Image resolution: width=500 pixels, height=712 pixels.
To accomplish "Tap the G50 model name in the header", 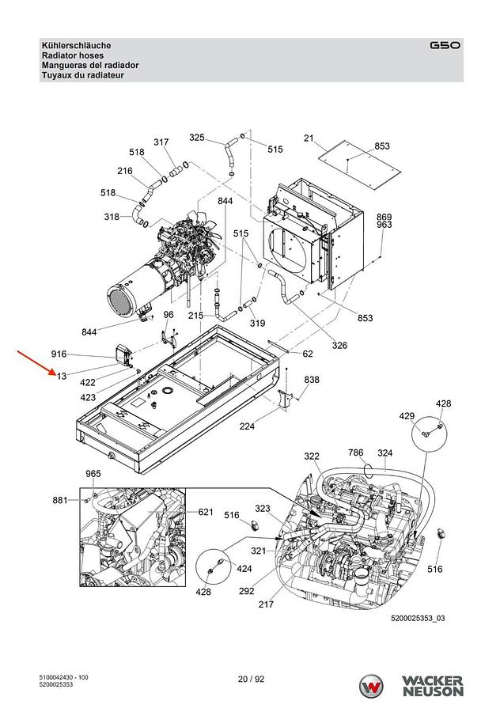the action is [x=445, y=45].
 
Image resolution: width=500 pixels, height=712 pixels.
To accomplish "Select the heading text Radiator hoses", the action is [x=73, y=55].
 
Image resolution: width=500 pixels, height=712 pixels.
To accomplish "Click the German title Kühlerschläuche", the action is [x=76, y=45].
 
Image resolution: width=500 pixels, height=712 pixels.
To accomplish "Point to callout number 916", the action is [x=59, y=354].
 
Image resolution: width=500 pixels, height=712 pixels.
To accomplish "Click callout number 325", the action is [x=197, y=137].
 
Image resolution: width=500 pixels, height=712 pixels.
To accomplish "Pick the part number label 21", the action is [x=309, y=138].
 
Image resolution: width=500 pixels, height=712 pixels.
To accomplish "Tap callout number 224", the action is [x=247, y=426].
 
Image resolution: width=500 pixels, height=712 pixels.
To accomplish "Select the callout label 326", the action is [x=339, y=345].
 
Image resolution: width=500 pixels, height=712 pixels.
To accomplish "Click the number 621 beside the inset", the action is [x=206, y=512].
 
